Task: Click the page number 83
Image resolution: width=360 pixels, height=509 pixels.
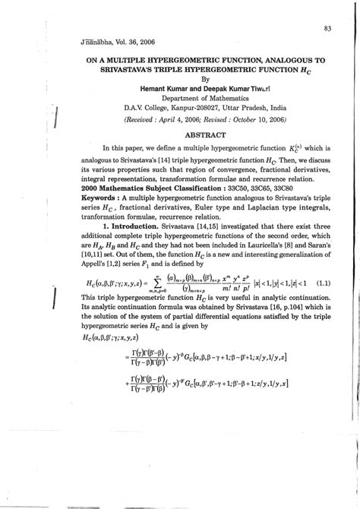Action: tap(327, 29)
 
